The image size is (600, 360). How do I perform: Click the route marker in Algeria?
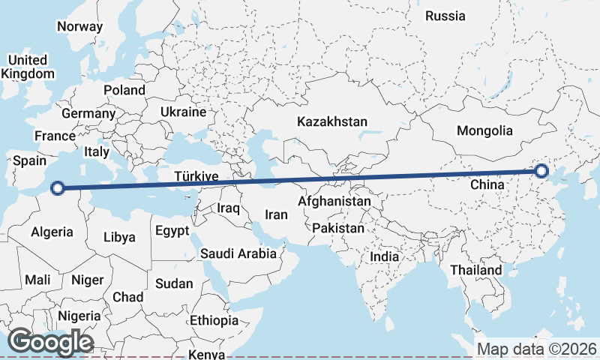click(x=58, y=188)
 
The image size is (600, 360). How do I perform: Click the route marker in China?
click(x=542, y=172)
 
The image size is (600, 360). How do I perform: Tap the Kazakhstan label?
click(x=332, y=121)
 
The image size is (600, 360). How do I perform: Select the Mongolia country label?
click(x=484, y=130)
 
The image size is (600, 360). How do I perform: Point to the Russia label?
click(x=445, y=16)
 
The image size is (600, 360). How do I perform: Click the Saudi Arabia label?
click(x=238, y=253)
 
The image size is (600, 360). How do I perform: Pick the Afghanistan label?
click(x=334, y=202)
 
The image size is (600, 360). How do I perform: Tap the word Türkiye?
click(x=196, y=177)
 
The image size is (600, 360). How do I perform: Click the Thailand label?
click(x=476, y=270)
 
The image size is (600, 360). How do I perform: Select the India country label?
click(x=385, y=256)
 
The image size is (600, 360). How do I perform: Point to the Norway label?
click(x=79, y=26)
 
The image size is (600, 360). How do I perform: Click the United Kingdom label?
click(x=28, y=67)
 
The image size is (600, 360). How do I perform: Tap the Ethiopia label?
click(x=214, y=320)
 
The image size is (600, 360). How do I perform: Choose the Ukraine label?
click(x=183, y=112)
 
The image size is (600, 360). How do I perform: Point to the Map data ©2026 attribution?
click(x=537, y=349)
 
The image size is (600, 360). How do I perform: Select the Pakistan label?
click(x=338, y=228)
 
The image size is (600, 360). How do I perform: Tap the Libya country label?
click(x=119, y=237)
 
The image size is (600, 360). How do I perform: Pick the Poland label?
click(x=124, y=90)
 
